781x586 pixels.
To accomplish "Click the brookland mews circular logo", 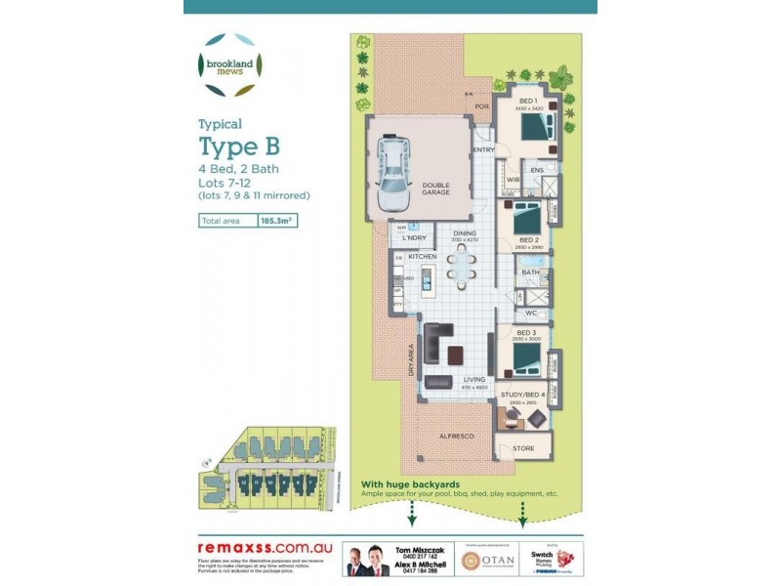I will point(229,65).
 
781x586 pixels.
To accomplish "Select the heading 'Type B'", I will point(239,146).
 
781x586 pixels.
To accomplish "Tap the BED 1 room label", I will point(527,102).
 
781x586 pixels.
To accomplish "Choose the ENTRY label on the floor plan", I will point(483,149).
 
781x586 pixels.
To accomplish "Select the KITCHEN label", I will point(423,256).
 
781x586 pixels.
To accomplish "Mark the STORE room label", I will point(523,449).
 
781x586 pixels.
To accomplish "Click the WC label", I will point(531,314).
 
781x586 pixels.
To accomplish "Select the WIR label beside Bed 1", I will point(513,180).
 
